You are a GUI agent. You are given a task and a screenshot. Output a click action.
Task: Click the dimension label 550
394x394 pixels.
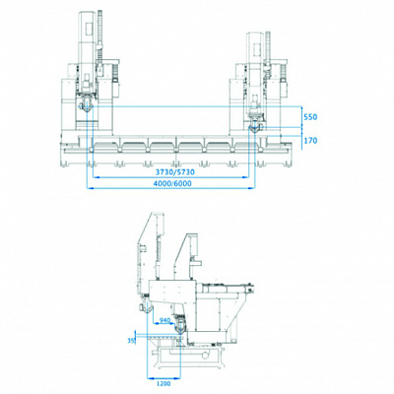click(310, 117)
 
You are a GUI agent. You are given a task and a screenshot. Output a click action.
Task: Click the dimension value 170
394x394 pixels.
click(310, 141)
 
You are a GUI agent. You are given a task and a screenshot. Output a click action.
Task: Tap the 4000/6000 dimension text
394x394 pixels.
click(172, 183)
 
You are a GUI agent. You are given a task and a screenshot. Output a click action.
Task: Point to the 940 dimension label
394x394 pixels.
click(164, 320)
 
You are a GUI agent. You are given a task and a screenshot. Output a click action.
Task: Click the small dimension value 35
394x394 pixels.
click(131, 341)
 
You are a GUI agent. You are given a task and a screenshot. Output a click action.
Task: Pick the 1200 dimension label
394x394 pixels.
click(164, 384)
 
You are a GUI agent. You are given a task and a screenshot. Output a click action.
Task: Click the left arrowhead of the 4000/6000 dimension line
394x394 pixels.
click(89, 188)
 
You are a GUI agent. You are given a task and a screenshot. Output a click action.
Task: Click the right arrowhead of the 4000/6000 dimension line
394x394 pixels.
click(252, 188)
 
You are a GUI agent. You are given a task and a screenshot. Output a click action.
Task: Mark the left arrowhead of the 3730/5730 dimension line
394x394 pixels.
click(96, 177)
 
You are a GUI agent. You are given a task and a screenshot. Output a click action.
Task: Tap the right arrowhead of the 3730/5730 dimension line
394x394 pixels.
click(245, 177)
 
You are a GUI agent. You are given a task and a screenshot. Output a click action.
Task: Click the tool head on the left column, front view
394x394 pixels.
click(86, 104)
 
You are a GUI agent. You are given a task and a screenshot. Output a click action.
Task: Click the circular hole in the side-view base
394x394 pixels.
click(205, 356)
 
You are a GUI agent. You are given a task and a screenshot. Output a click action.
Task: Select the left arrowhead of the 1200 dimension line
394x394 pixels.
click(150, 378)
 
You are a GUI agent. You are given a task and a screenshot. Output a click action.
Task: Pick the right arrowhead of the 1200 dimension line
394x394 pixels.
click(178, 378)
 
